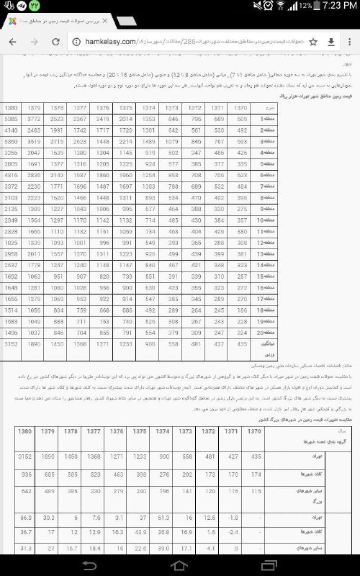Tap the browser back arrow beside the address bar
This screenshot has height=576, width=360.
pos(13,42)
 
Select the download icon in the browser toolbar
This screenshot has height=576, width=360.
pos(330,42)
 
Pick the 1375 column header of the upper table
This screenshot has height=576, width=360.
pos(145,107)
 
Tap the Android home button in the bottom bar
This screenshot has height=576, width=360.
pos(179,565)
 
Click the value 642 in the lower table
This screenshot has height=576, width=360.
pos(26,491)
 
